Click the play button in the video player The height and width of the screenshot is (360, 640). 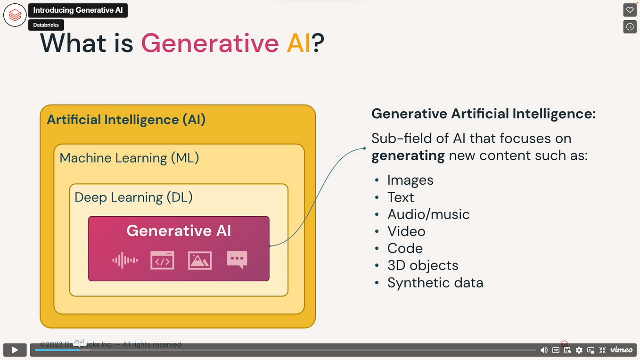(15, 350)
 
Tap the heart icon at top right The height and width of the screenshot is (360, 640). (630, 10)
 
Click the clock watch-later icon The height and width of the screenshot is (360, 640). (630, 27)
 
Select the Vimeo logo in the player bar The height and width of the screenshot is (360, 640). (621, 350)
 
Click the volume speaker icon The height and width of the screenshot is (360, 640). (544, 350)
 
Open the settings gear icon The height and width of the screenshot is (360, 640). (579, 350)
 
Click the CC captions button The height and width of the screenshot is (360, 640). (556, 350)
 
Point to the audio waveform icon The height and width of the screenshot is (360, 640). (125, 260)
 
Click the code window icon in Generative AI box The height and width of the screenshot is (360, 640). (162, 260)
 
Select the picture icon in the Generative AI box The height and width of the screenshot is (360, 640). (199, 260)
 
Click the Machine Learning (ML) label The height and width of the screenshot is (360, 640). (129, 158)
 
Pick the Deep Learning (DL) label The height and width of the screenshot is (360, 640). (134, 197)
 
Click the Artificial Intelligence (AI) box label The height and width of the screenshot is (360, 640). (126, 119)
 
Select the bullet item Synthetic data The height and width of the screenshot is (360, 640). (435, 283)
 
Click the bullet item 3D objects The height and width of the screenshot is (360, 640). (423, 265)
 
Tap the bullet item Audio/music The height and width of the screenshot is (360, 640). (428, 214)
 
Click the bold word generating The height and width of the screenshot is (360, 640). (408, 156)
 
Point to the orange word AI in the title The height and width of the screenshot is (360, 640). (299, 43)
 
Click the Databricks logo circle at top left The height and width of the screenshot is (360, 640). (15, 15)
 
